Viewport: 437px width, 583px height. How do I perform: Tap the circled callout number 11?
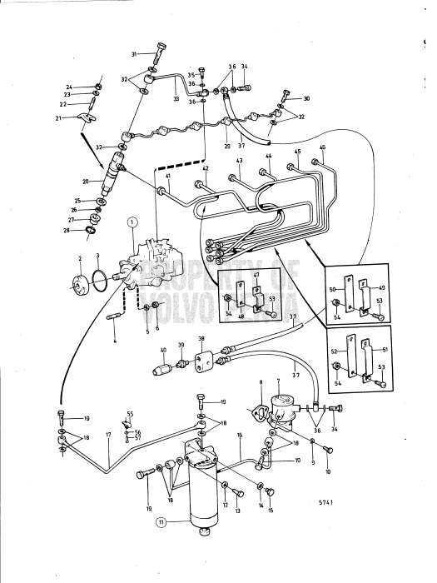[160, 523]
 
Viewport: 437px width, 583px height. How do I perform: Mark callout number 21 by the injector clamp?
[58, 118]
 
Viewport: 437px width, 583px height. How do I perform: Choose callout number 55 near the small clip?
[130, 414]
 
